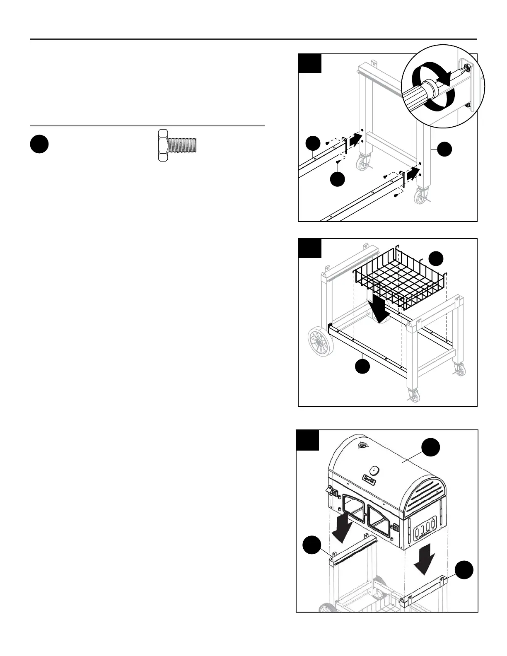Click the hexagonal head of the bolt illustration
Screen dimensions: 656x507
click(x=163, y=145)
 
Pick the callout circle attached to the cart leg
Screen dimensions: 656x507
click(x=445, y=149)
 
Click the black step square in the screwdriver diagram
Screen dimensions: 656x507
click(x=310, y=63)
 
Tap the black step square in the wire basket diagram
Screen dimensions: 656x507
click(x=310, y=248)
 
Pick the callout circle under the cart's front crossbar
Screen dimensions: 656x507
click(x=363, y=366)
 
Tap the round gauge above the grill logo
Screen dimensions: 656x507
click(x=374, y=470)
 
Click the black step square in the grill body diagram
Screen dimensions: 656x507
click(x=308, y=440)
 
